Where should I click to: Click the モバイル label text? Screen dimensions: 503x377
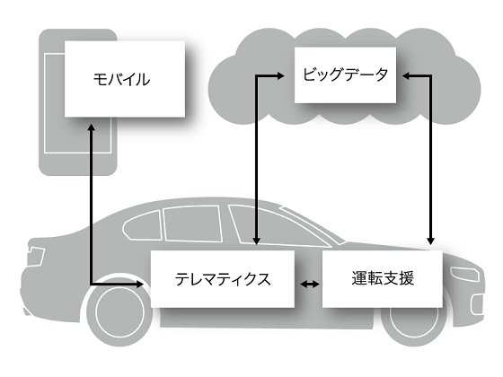tap(121, 79)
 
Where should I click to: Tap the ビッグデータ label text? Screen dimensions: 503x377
tap(346, 75)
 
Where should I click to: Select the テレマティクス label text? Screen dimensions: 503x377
tap(223, 279)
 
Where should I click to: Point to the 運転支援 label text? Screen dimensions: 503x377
tap(383, 278)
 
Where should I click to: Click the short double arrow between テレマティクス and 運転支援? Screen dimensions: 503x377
tap(309, 284)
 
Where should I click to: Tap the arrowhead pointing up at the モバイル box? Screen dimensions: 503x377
tap(92, 127)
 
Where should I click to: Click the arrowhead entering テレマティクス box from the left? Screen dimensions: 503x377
tap(140, 284)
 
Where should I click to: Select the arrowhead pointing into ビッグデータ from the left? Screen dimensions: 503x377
tap(280, 76)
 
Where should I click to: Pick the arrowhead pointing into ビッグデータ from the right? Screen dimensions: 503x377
tap(406, 76)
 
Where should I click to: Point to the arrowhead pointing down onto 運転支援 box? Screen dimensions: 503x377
tap(431, 241)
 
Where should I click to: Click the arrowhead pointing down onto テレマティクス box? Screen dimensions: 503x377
tap(256, 241)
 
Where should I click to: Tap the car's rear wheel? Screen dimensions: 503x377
tap(119, 311)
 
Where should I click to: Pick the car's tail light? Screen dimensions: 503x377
tap(35, 256)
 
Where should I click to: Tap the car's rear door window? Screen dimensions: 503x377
tap(192, 224)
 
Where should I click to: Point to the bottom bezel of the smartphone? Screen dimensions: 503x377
tap(77, 163)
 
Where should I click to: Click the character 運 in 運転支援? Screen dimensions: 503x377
tap(359, 278)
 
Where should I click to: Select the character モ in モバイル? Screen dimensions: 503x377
tap(100, 79)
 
